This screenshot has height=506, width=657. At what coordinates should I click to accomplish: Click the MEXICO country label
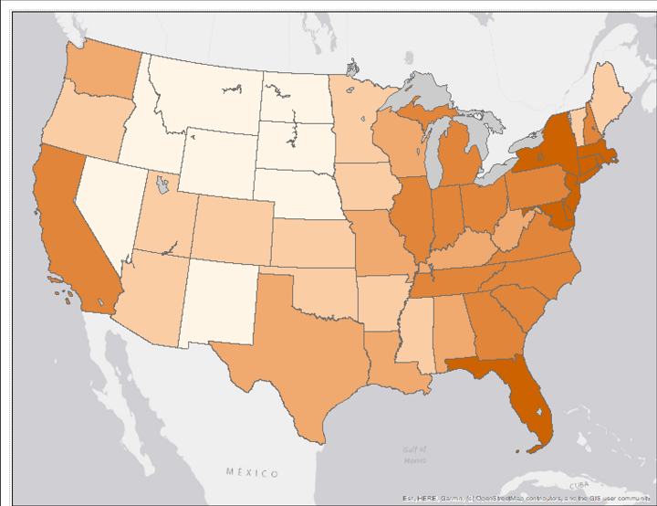(253, 472)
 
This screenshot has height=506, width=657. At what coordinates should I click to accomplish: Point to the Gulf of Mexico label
(415, 455)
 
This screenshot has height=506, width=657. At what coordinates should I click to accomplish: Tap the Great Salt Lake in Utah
(162, 186)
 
